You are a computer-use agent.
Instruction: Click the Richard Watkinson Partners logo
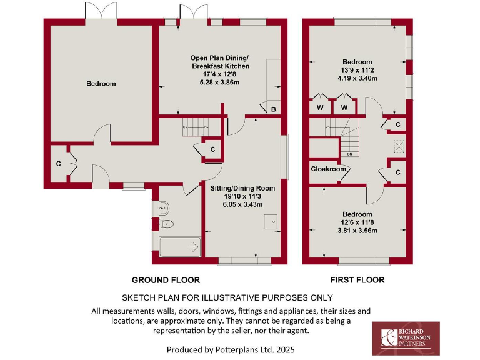point(406,338)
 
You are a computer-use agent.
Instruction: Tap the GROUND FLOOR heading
point(166,280)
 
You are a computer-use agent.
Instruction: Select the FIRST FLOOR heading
point(357,280)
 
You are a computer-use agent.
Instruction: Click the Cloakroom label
point(328,169)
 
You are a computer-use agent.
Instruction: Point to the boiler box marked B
point(273,109)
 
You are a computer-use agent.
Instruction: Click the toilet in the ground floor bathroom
point(166,224)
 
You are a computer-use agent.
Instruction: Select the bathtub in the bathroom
point(179,247)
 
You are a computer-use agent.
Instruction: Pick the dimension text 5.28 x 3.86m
point(220,82)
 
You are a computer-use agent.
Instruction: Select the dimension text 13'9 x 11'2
point(357,71)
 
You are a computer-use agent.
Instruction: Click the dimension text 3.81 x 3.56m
point(358,230)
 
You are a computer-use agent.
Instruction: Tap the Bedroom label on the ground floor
point(101,84)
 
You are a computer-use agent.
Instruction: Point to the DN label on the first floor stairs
point(349,153)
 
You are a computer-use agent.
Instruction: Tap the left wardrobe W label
point(320,108)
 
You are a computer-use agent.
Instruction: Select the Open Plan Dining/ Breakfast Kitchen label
point(220,62)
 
